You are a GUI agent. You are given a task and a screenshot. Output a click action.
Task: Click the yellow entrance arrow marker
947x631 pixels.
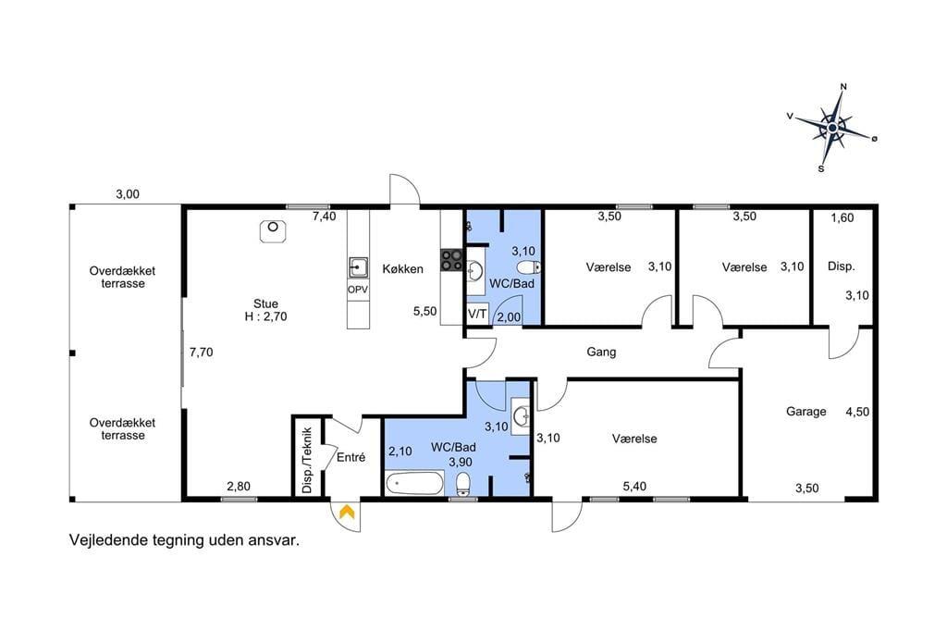pyautogui.click(x=347, y=512)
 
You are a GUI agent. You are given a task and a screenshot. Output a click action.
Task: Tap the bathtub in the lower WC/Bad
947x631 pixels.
pyautogui.click(x=414, y=483)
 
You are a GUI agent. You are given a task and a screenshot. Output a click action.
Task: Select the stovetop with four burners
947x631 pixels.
pyautogui.click(x=451, y=260)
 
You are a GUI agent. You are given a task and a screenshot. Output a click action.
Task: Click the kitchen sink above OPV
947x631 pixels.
pyautogui.click(x=358, y=267)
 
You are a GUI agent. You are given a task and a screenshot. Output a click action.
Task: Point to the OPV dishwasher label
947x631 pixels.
pyautogui.click(x=358, y=291)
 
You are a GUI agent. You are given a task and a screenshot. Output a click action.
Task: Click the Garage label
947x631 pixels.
pyautogui.click(x=806, y=412)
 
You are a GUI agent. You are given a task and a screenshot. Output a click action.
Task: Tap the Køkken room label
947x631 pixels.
pyautogui.click(x=403, y=269)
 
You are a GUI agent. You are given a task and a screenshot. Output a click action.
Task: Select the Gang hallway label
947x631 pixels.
pyautogui.click(x=601, y=353)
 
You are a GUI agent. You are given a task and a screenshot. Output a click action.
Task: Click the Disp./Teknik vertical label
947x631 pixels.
pyautogui.click(x=307, y=459)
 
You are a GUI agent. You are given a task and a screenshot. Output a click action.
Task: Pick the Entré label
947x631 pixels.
pyautogui.click(x=351, y=458)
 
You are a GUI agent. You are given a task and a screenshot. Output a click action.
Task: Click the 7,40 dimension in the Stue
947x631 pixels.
pyautogui.click(x=325, y=217)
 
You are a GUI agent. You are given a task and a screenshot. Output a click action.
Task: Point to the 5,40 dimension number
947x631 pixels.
pyautogui.click(x=634, y=486)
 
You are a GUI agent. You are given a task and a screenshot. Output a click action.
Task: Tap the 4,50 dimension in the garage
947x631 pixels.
pyautogui.click(x=857, y=412)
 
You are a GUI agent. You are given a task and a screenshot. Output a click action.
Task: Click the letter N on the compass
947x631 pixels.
pyautogui.click(x=843, y=86)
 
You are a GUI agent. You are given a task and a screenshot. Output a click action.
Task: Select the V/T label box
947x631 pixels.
pyautogui.click(x=477, y=315)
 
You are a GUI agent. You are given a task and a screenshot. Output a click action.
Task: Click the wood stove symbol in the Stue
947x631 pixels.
pyautogui.click(x=273, y=231)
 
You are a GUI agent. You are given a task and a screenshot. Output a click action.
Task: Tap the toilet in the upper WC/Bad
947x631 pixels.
pyautogui.click(x=529, y=267)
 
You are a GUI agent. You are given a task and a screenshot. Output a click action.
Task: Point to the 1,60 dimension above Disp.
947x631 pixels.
pyautogui.click(x=842, y=217)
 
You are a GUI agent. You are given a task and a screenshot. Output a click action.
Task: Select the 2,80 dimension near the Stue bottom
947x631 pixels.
pyautogui.click(x=239, y=486)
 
